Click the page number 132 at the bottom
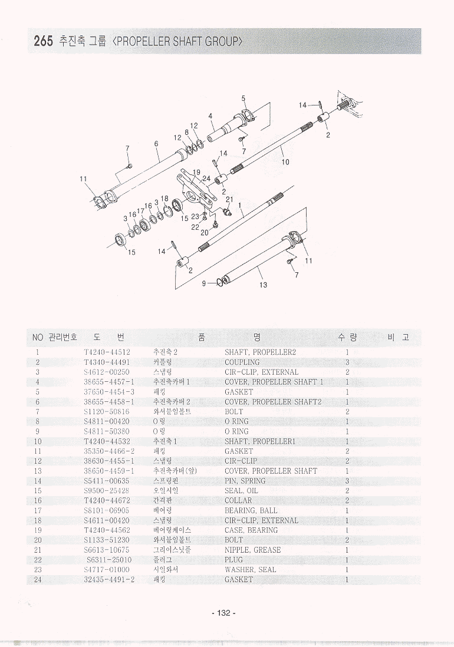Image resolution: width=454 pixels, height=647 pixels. tap(223, 613)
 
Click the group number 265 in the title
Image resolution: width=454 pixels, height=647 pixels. tap(43, 41)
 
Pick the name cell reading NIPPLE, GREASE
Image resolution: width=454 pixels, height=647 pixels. tap(252, 550)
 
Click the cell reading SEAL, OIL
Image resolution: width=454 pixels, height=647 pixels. tap(241, 490)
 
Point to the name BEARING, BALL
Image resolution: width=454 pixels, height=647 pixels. tap(251, 510)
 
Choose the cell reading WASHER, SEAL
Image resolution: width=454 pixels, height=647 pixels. tap(250, 570)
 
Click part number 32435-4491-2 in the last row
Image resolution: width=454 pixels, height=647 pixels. tap(109, 580)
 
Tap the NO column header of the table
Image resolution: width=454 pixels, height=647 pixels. tap(38, 337)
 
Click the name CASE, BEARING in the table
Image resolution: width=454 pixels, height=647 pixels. tap(251, 530)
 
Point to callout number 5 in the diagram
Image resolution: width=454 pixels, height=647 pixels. tap(243, 98)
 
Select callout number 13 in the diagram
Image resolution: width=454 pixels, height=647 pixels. tap(263, 285)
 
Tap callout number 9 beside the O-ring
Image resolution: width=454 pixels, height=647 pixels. tap(204, 283)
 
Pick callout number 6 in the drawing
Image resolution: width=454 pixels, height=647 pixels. tap(156, 144)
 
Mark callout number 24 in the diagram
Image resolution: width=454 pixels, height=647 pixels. tap(206, 178)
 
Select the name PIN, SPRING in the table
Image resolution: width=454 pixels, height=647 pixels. tap(245, 481)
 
